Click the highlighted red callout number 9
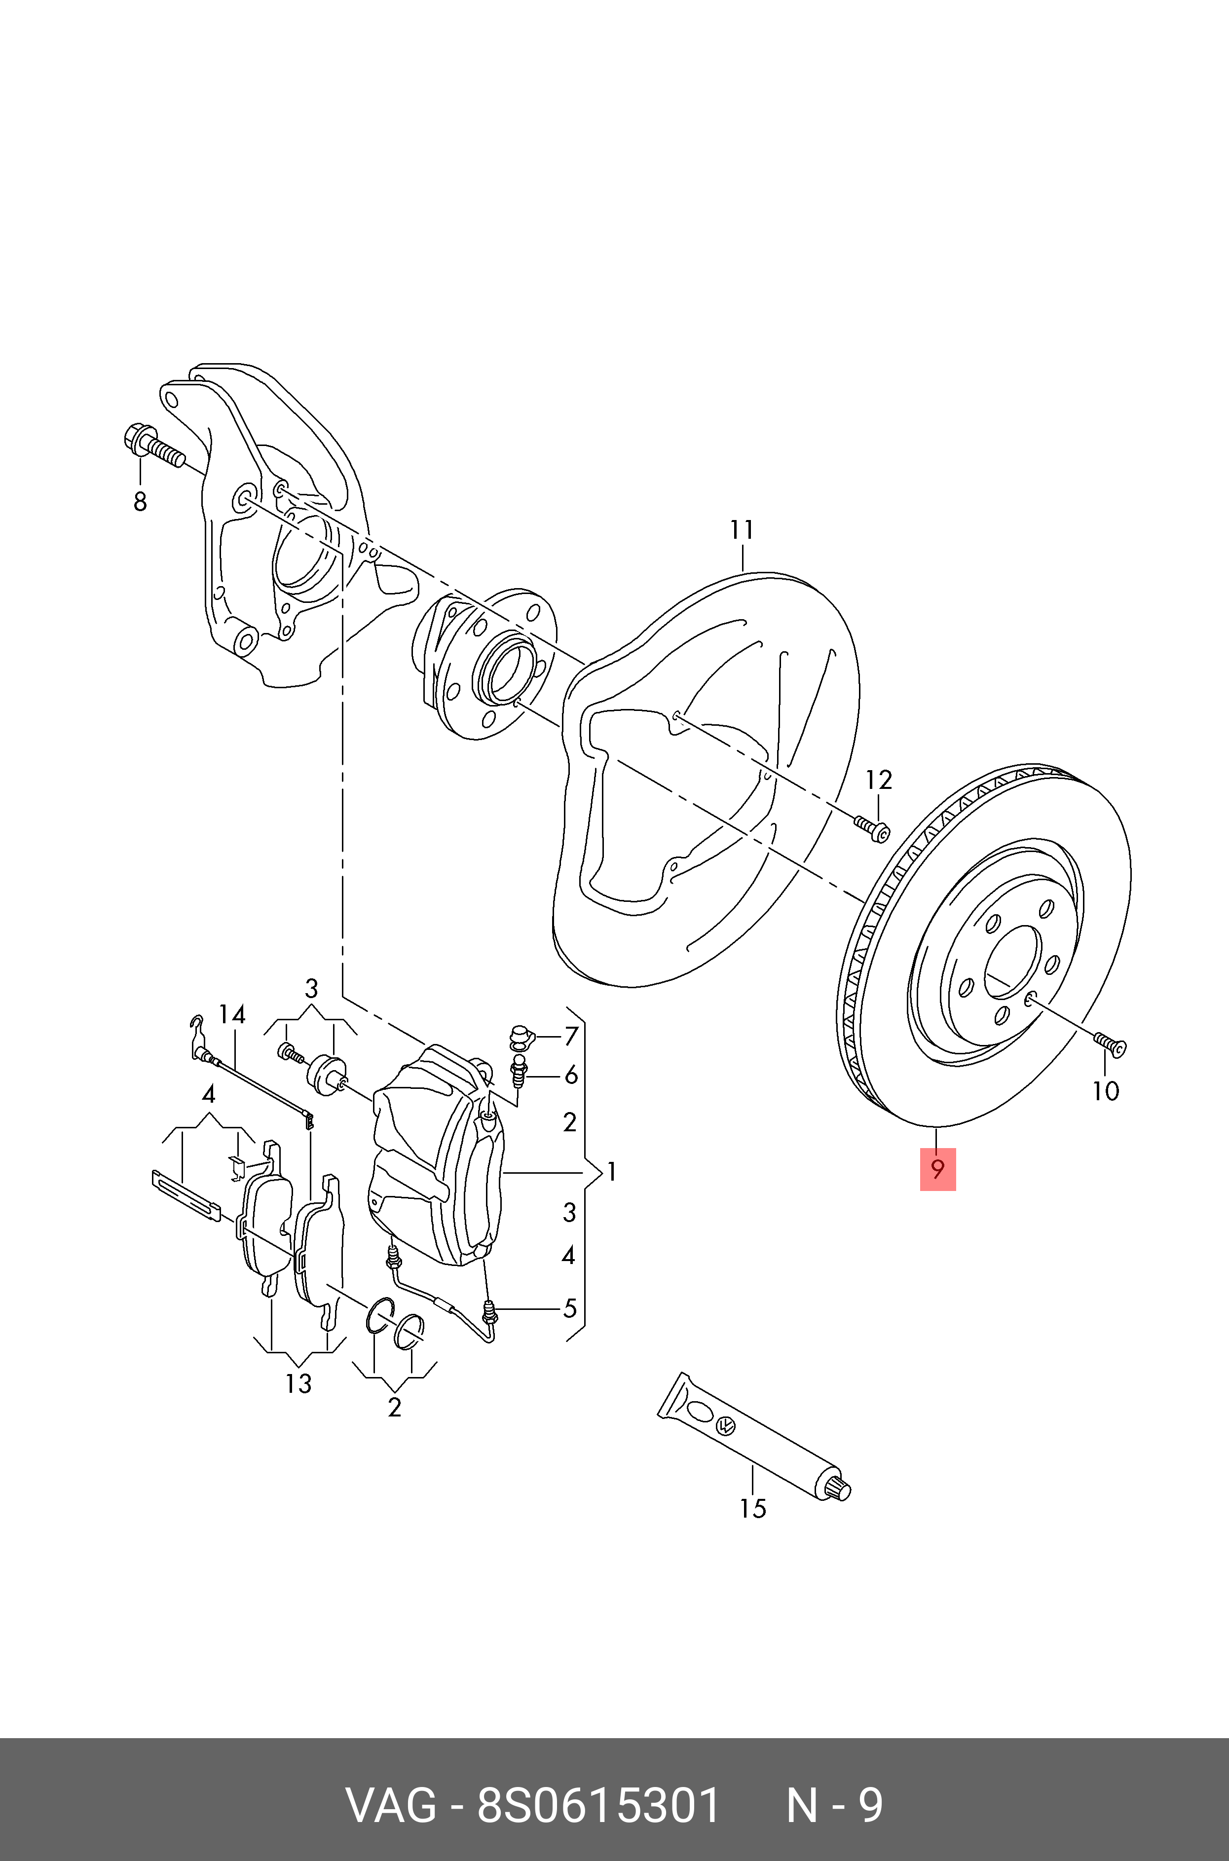(x=937, y=1170)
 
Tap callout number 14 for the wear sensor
(x=232, y=1015)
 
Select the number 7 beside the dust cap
(x=571, y=1036)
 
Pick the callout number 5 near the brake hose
(x=570, y=1308)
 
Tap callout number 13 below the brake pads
(x=298, y=1384)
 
